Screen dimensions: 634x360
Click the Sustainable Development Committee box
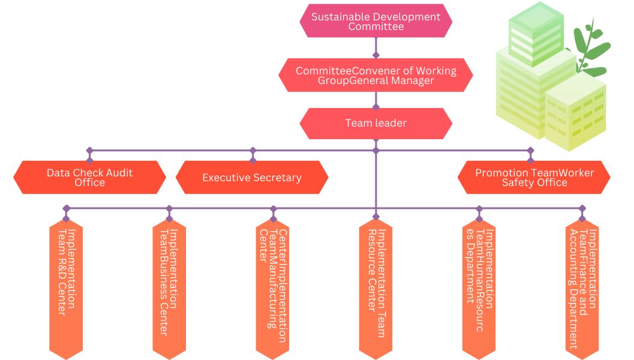tap(375, 21)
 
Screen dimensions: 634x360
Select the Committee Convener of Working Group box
tap(375, 75)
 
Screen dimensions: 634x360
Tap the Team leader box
tap(375, 124)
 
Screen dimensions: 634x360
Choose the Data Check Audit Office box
tap(90, 178)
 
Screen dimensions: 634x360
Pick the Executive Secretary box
tap(252, 178)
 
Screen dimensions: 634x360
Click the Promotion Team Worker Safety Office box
tap(534, 178)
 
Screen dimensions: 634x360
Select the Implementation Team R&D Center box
tap(66, 289)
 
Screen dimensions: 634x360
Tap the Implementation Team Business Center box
tap(169, 289)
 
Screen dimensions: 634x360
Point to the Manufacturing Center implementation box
tap(272, 289)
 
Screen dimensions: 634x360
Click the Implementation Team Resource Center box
tap(375, 289)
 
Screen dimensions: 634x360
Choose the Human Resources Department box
tap(479, 289)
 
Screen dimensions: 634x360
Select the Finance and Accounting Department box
tap(582, 289)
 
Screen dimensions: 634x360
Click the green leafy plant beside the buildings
tap(591, 49)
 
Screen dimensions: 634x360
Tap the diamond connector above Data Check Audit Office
tap(90, 151)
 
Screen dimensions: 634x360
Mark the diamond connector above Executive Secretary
tap(253, 151)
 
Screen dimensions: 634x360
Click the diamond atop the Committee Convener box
tap(376, 55)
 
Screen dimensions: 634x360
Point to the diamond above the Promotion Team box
tap(530, 151)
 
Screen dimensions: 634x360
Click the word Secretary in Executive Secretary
tap(277, 178)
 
